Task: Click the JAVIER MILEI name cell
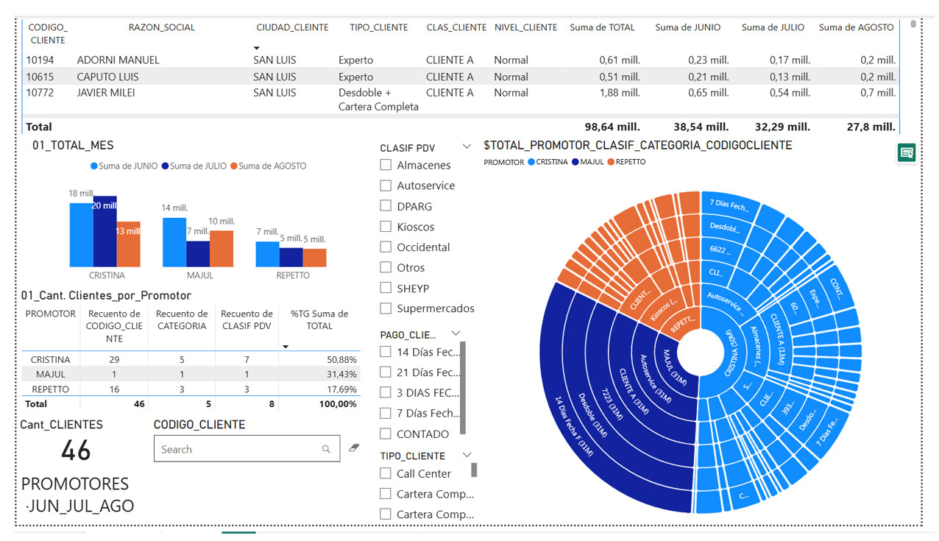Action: click(x=106, y=93)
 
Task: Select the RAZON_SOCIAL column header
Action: click(x=161, y=27)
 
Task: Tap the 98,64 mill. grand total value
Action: click(x=612, y=127)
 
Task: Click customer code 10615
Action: click(x=41, y=77)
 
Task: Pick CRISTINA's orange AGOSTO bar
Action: click(x=128, y=244)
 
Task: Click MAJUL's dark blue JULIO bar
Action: click(x=198, y=254)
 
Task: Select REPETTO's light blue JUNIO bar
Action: click(x=267, y=254)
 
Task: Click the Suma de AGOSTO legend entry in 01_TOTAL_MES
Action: click(x=269, y=166)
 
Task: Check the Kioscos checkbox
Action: click(x=386, y=227)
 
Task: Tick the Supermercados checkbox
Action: click(x=386, y=308)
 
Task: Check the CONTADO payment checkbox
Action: click(x=386, y=434)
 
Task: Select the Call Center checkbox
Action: click(x=386, y=473)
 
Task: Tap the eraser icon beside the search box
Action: click(x=354, y=448)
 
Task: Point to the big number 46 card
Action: click(x=76, y=450)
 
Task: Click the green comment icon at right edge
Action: click(x=907, y=152)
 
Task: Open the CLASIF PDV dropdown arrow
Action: click(x=467, y=147)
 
